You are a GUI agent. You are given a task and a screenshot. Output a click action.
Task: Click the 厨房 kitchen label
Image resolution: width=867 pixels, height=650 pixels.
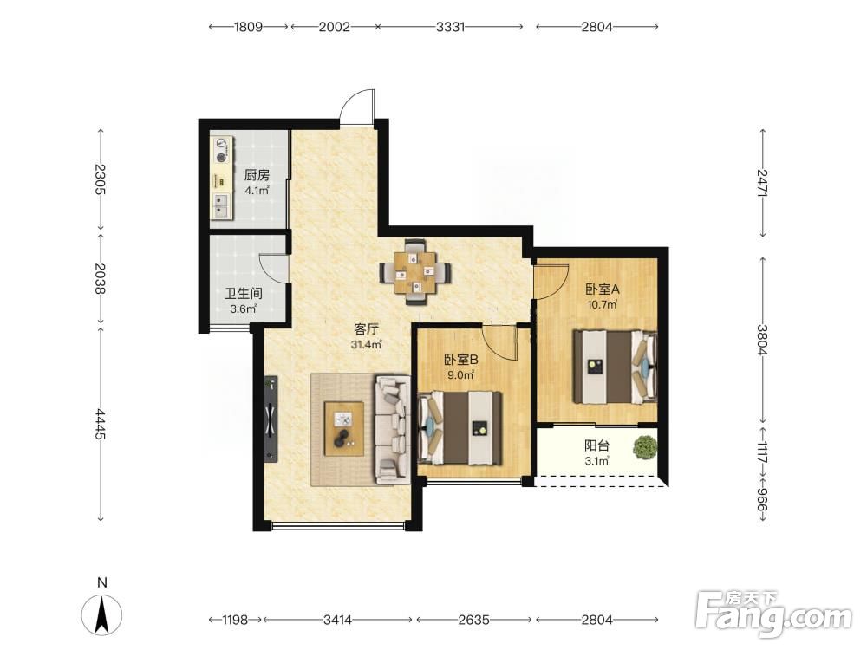coord(257,175)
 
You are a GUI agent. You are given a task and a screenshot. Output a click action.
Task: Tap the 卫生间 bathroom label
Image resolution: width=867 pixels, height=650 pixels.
coord(244,294)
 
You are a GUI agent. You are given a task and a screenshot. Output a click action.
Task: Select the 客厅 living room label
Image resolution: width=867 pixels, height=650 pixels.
coord(366,329)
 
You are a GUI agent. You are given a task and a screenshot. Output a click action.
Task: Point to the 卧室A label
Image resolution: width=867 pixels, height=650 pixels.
coord(603,289)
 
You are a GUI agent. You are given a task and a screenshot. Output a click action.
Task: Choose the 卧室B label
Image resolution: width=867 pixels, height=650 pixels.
coord(461,360)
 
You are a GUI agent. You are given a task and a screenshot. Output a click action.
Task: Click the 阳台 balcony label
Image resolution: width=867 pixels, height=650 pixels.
coord(597,445)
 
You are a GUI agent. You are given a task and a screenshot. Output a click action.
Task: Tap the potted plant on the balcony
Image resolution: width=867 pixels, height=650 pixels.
coord(645,447)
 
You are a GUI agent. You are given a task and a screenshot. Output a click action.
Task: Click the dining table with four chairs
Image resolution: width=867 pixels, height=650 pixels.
coord(415,272)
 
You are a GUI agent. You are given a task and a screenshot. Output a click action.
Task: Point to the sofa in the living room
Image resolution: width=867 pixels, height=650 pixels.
coord(393,429)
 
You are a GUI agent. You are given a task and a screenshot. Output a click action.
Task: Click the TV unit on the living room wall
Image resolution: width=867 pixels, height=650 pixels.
coord(271,419)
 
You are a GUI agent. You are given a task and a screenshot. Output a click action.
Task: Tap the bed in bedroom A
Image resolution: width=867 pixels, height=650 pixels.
coord(615,367)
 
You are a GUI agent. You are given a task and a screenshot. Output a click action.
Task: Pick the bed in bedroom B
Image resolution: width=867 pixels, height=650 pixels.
coord(460,428)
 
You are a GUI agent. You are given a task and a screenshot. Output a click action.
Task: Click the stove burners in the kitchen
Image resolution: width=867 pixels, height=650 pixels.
coord(222,150)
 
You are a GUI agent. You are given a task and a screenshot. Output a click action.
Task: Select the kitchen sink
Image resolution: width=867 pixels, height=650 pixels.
coord(222,205)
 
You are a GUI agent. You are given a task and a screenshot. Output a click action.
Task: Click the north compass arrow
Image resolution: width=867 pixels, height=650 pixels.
coord(101,614)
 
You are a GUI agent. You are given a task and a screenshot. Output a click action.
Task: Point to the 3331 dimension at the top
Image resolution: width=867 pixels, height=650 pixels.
coord(450,27)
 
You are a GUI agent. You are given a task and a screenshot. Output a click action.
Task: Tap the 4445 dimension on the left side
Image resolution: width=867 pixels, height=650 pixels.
coord(100,424)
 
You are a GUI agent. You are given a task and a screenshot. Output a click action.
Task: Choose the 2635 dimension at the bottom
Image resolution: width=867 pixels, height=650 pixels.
coord(474,620)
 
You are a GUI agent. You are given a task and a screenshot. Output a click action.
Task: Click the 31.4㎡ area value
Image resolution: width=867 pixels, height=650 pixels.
coord(367,345)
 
